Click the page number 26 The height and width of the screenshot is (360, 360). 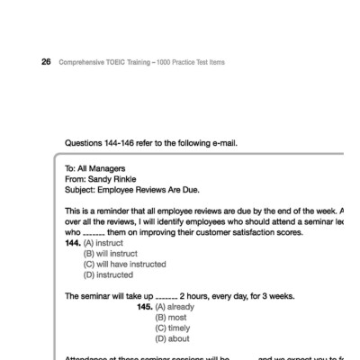45,62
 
